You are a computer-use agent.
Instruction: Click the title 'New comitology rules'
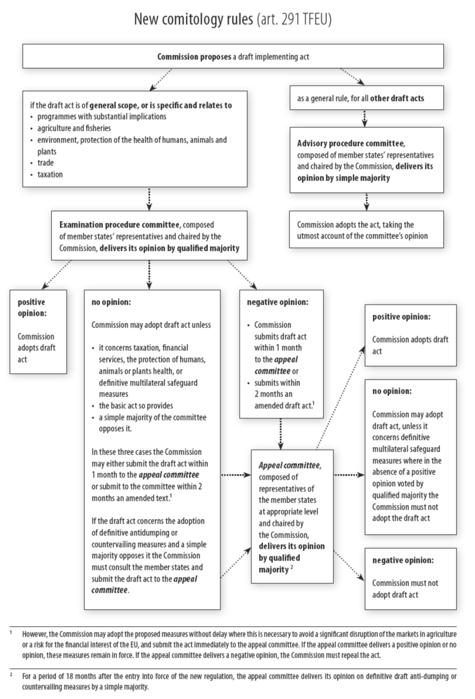tap(193, 19)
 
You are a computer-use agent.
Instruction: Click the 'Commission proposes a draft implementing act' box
tap(233, 56)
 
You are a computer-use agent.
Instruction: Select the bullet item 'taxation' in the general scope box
tap(50, 174)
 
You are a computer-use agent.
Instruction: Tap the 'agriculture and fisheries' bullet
tap(74, 128)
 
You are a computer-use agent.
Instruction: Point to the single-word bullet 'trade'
tap(45, 163)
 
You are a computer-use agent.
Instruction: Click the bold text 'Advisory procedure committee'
tap(350, 143)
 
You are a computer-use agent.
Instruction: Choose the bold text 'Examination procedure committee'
tap(119, 225)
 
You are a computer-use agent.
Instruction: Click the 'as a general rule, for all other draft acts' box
tap(366, 98)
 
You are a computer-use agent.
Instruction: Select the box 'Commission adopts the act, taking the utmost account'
tap(366, 230)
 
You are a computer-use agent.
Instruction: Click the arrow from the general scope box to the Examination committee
tap(149, 199)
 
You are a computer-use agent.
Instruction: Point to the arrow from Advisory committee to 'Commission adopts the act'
tap(367, 202)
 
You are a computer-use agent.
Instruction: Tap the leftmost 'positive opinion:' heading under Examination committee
tap(32, 307)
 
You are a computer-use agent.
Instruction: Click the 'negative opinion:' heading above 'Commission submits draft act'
tap(277, 302)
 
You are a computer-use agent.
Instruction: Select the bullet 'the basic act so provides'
tap(136, 406)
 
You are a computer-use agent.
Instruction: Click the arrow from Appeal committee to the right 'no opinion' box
tap(349, 475)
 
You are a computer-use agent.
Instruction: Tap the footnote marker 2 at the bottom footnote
tap(11, 675)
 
